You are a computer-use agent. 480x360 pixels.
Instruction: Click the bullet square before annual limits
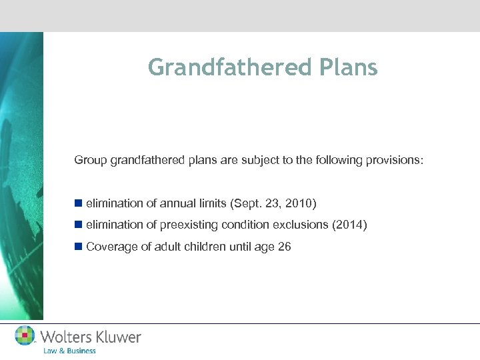pyautogui.click(x=79, y=203)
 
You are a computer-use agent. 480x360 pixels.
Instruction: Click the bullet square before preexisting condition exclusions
pyautogui.click(x=79, y=225)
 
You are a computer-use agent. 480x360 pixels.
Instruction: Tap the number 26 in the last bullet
pyautogui.click(x=285, y=247)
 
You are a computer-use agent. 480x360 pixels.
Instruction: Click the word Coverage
pyautogui.click(x=109, y=247)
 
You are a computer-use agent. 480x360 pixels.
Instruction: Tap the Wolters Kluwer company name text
pyautogui.click(x=91, y=337)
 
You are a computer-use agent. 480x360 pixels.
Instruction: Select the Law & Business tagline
pyautogui.click(x=69, y=351)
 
